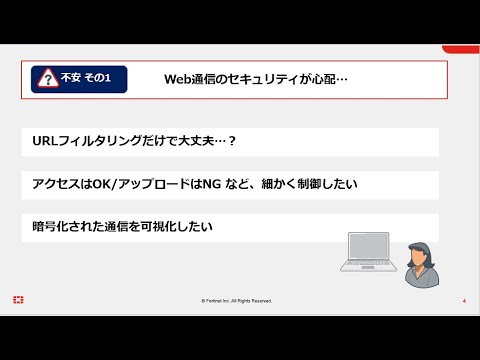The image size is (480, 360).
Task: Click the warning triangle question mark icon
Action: pos(46,78)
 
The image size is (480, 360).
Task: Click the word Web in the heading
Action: pos(179,78)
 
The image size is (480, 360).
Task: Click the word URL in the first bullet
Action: pos(45,141)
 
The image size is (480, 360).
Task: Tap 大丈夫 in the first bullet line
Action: pos(197,141)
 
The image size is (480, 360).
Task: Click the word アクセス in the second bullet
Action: pos(55,185)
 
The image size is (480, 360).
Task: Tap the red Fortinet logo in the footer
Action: pos(19,300)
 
